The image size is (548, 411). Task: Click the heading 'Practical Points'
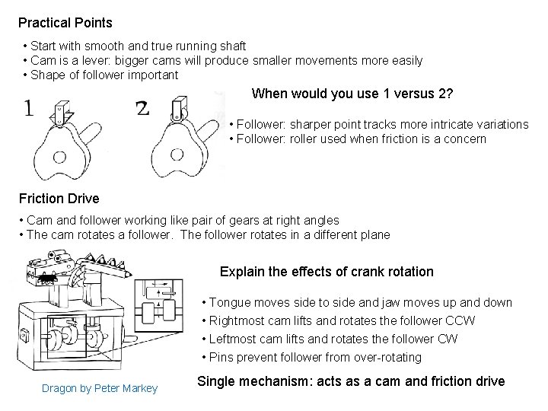click(65, 23)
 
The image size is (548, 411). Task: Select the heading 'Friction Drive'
click(59, 199)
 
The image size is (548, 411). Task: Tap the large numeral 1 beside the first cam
click(28, 109)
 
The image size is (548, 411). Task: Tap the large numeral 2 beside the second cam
click(142, 109)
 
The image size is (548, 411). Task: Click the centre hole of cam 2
click(177, 155)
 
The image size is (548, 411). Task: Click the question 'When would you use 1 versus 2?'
click(352, 94)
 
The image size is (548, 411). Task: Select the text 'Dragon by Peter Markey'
click(100, 389)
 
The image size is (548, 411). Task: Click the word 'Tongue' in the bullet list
click(228, 303)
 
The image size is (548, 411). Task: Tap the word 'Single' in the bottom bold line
click(216, 381)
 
